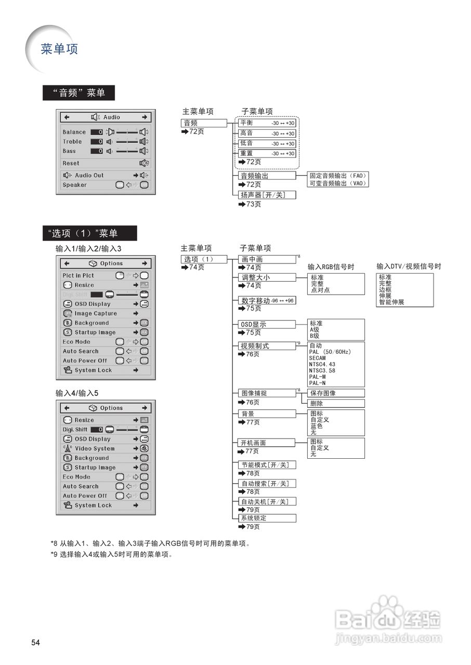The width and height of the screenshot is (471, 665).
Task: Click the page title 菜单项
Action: pyautogui.click(x=59, y=49)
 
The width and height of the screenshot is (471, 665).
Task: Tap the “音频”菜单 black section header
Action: pyautogui.click(x=78, y=93)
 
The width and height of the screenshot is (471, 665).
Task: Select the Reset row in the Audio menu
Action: pyautogui.click(x=104, y=163)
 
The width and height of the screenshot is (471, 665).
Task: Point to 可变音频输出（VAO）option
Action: pyautogui.click(x=338, y=183)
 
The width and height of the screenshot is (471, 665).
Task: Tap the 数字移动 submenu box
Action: pyautogui.click(x=267, y=301)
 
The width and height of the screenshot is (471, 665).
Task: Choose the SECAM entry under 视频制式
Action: pyautogui.click(x=318, y=358)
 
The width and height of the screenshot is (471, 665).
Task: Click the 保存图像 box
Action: pyautogui.click(x=335, y=393)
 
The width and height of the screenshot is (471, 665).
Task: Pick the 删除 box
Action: pyautogui.click(x=335, y=403)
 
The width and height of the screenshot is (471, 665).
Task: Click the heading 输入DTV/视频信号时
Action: pyautogui.click(x=409, y=267)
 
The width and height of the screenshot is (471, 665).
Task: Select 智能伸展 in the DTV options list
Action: pyautogui.click(x=391, y=302)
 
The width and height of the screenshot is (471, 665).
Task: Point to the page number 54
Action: pyautogui.click(x=35, y=643)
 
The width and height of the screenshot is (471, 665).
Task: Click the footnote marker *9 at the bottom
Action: pyautogui.click(x=54, y=554)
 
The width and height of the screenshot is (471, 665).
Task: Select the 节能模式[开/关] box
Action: pyautogui.click(x=265, y=464)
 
